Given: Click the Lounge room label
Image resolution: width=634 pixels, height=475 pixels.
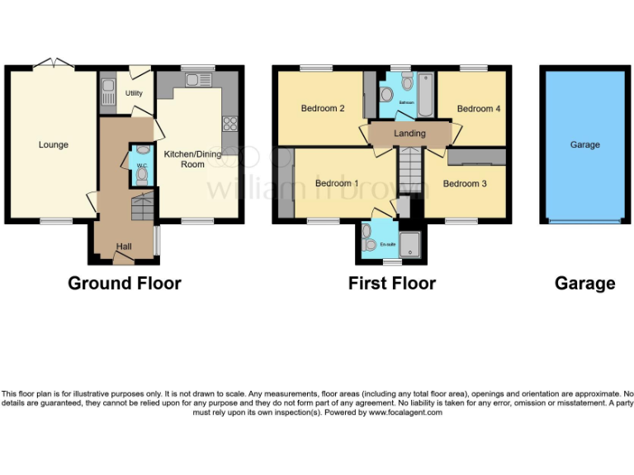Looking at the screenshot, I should pos(54,145).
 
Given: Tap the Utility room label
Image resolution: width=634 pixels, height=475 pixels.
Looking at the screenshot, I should pos(134,93).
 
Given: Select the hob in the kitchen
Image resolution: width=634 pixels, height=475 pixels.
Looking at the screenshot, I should pos(229,125).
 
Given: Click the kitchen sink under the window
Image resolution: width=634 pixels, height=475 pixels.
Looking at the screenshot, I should pos(197,80).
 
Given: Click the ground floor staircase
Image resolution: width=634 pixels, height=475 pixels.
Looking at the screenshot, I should pos(143,206).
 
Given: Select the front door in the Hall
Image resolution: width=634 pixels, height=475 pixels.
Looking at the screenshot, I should pos(123,258).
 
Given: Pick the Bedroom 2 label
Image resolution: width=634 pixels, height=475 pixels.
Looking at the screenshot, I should pos(322,109).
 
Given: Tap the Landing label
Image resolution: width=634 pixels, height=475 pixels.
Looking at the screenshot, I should pos(410,134).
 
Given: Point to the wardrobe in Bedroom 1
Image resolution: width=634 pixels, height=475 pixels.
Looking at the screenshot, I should pos(286,184).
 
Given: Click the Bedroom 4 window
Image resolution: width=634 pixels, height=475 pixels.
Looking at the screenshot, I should pos(473,68).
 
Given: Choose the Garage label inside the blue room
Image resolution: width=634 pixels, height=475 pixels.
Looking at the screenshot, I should pos(584,145).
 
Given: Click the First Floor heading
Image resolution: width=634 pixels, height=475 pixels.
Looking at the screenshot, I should pos(391,284).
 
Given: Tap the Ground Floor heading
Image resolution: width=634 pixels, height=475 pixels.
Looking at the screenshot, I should pos(124,284).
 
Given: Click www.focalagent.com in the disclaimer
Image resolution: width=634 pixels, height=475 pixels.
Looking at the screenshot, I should pos(405,412).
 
